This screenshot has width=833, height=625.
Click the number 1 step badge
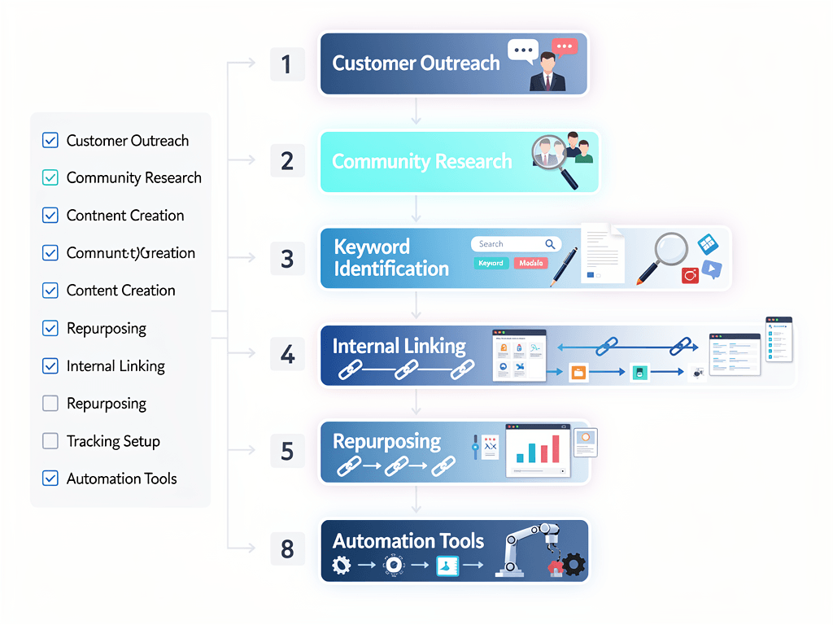point(287,64)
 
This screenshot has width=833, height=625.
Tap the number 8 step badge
point(287,549)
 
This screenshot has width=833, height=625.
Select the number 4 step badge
point(287,355)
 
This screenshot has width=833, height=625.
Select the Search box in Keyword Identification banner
point(517,244)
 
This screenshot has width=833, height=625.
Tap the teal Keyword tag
point(491,263)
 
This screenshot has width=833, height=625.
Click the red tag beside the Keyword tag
point(531,263)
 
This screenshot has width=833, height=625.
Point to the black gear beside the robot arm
point(574,564)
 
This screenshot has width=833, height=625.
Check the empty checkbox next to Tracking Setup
point(50,441)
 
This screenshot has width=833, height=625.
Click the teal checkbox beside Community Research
point(50,177)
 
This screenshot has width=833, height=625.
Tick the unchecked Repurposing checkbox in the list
point(50,404)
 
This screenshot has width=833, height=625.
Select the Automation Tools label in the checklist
point(121,479)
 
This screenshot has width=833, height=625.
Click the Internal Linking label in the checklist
point(116,366)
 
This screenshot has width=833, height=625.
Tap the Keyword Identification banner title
point(390,258)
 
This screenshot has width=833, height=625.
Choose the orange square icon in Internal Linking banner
point(578,373)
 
